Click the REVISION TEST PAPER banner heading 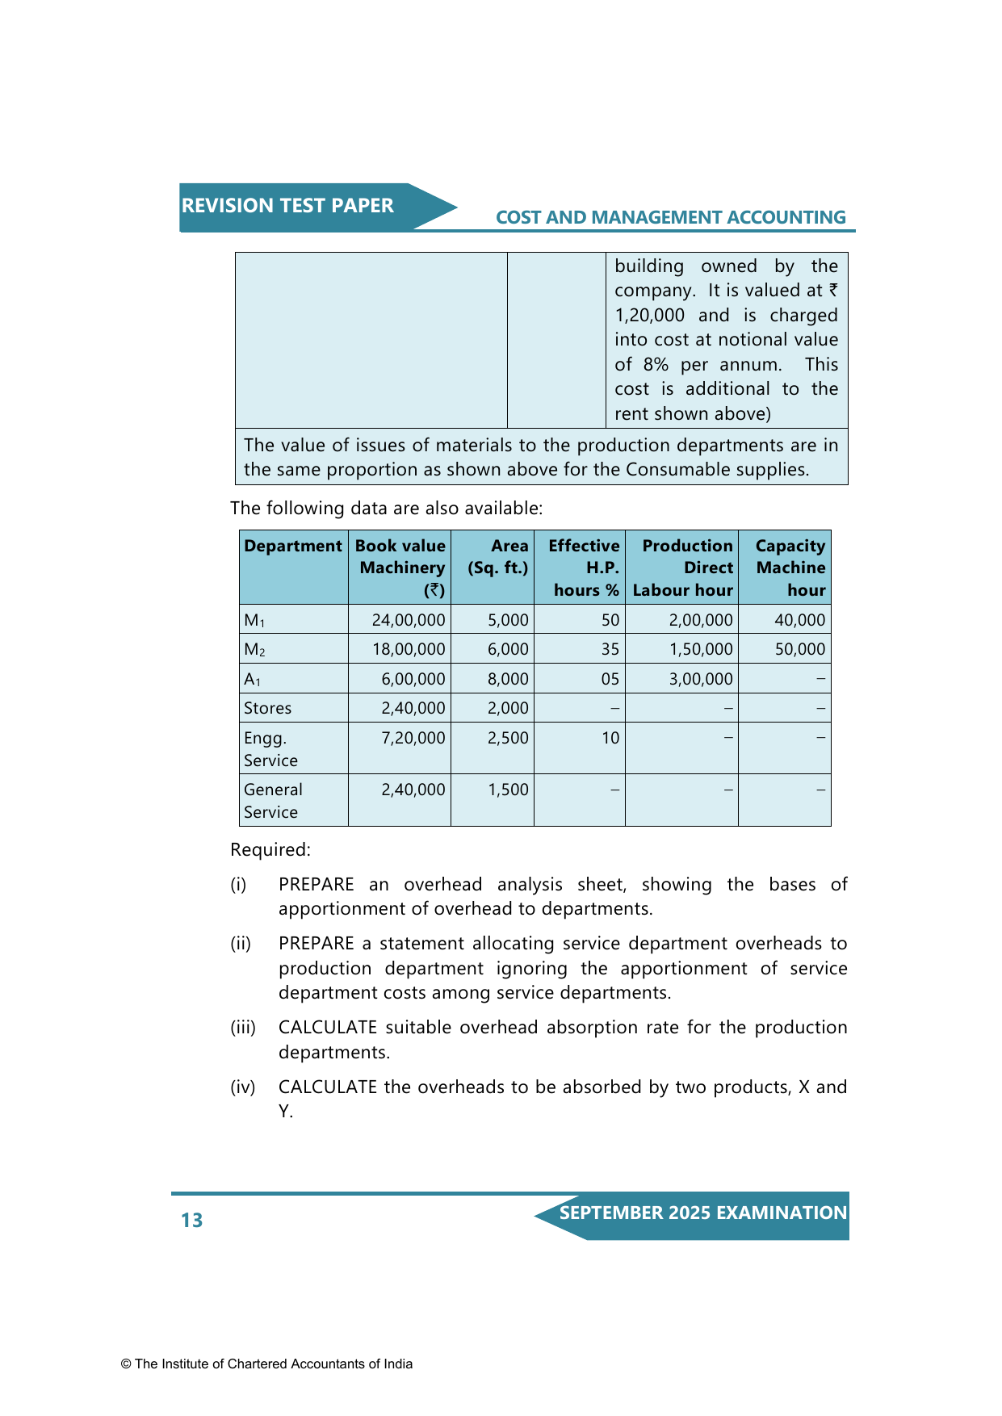(x=287, y=206)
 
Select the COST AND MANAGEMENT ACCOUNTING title (x=670, y=218)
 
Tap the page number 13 (x=192, y=1221)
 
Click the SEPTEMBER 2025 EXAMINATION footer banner (x=702, y=1213)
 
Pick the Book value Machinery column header (x=400, y=568)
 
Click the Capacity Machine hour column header (x=790, y=568)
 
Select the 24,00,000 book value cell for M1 (x=409, y=620)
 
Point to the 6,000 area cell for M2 (x=508, y=649)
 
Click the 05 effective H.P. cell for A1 (x=610, y=679)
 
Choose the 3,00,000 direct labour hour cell (x=701, y=679)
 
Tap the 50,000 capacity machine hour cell (x=800, y=649)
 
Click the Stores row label (x=268, y=708)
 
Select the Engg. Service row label (x=270, y=749)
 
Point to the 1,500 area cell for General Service (x=508, y=790)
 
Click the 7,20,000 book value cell (x=413, y=738)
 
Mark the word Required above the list (x=270, y=850)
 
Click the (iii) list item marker (x=243, y=1028)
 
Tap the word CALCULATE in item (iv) (x=328, y=1087)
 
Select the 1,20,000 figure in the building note (x=650, y=316)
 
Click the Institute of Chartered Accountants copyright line (x=266, y=1364)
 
